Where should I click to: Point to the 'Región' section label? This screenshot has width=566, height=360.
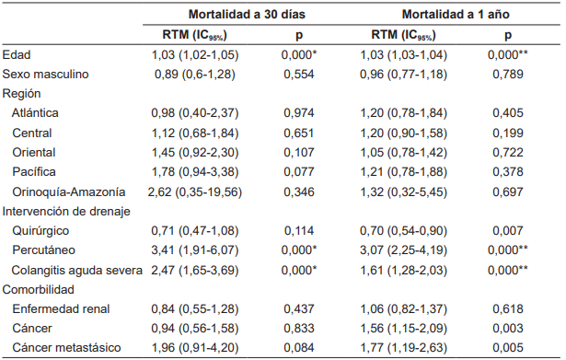pos(23,94)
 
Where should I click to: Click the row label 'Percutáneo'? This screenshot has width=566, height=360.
pos(44,250)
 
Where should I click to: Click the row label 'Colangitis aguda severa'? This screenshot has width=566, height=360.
pos(77,269)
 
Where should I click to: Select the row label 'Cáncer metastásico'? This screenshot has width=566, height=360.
pos(67,347)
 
